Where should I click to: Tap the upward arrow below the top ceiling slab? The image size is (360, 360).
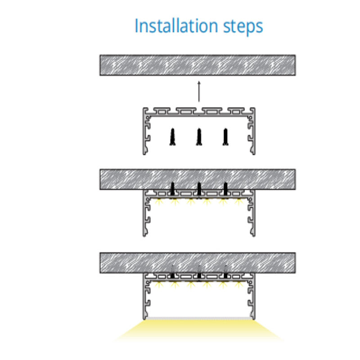198,93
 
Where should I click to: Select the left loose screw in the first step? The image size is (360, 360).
172,137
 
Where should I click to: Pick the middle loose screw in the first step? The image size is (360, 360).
198,137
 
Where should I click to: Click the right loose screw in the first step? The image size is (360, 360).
225,137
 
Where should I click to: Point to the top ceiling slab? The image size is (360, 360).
197,65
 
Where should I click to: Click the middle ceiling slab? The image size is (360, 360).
197,179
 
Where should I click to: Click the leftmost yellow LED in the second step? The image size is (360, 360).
158,202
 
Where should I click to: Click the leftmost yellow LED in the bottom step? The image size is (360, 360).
158,285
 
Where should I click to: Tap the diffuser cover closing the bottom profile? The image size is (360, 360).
198,318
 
